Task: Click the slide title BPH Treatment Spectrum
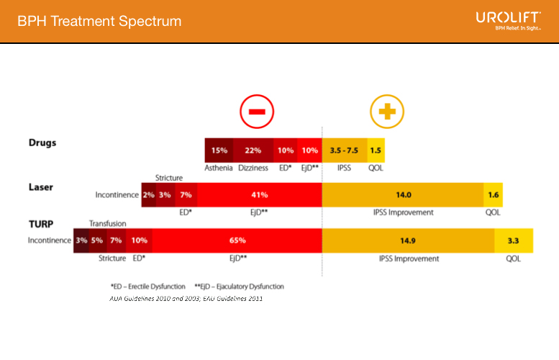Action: click(100, 22)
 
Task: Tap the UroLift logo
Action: click(508, 20)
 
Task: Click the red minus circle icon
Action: click(256, 112)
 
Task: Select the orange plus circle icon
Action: click(387, 112)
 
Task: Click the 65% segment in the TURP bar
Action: click(237, 240)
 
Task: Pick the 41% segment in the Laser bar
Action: click(259, 195)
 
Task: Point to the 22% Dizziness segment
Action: click(253, 150)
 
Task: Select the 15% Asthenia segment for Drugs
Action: click(219, 150)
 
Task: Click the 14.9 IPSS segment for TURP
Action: click(408, 240)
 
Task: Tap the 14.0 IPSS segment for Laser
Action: click(403, 195)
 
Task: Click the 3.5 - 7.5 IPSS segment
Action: click(345, 150)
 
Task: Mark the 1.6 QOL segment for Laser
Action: click(493, 195)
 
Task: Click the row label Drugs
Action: click(42, 143)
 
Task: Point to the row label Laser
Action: click(40, 187)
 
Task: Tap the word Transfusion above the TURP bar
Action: click(107, 223)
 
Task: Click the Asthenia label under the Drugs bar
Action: click(219, 168)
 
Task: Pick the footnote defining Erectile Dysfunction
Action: click(148, 286)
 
